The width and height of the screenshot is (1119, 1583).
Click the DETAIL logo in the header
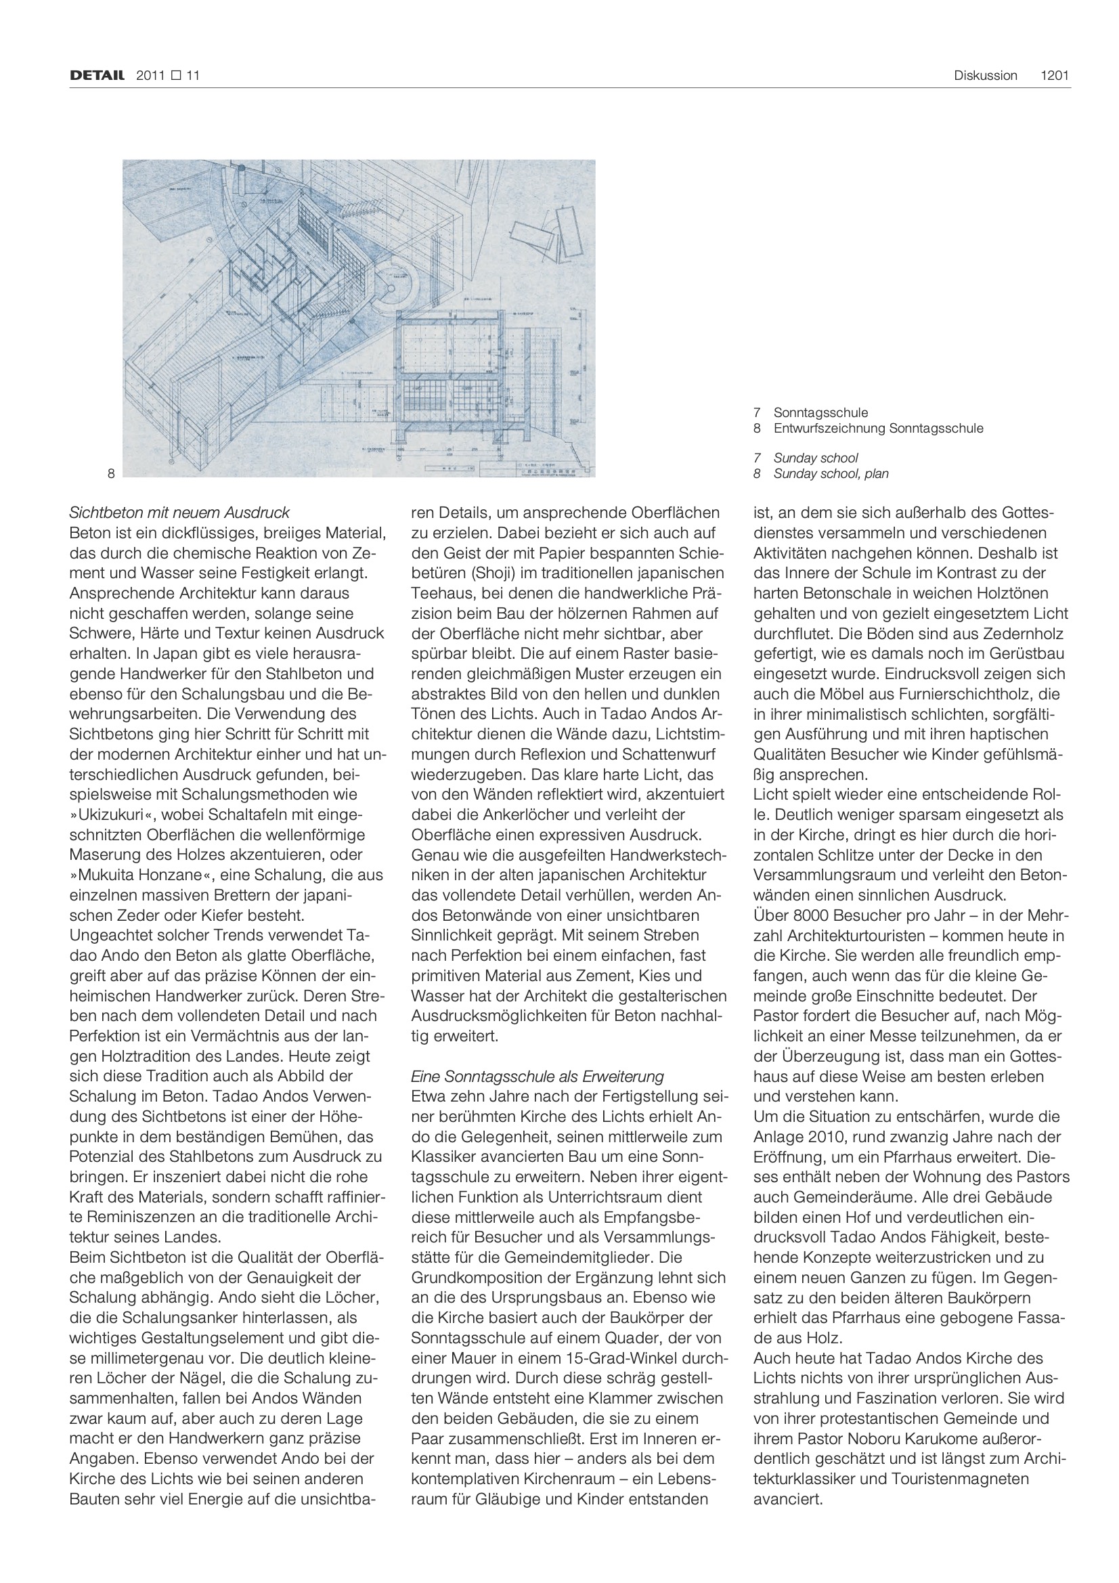pos(97,76)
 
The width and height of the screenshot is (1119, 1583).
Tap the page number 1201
pos(1054,76)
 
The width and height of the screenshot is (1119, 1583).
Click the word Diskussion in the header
pos(985,76)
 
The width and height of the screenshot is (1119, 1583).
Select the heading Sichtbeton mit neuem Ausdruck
pos(179,513)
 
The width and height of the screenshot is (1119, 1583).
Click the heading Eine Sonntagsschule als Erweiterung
pos(537,1077)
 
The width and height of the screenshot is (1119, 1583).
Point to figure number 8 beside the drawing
pos(111,473)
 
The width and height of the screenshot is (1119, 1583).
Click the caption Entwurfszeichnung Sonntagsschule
pos(878,428)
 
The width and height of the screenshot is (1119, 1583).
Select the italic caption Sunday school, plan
pos(830,474)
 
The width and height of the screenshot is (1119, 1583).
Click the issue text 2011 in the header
pos(150,76)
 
